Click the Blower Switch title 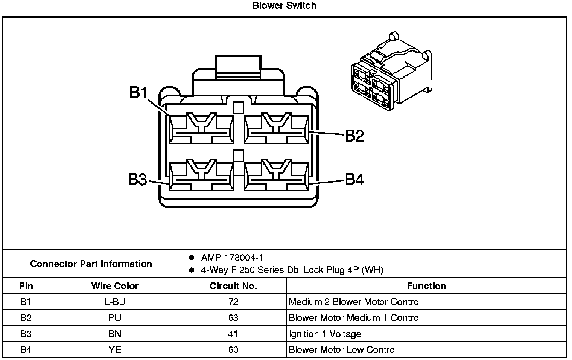[284, 6]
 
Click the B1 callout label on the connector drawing [138, 92]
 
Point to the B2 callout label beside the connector [354, 136]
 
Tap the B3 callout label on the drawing [137, 180]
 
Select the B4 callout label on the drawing [354, 180]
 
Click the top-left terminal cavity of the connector [201, 129]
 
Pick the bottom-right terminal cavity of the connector [277, 176]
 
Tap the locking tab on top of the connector [238, 68]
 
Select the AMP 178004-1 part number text [232, 258]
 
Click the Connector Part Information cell [91, 264]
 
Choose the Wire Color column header [115, 286]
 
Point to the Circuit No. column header [233, 286]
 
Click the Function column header [426, 286]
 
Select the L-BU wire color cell [115, 302]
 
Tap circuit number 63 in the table [233, 318]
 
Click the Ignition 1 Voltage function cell [325, 334]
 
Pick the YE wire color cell [115, 350]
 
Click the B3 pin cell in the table [26, 334]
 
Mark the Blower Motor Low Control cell [342, 350]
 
